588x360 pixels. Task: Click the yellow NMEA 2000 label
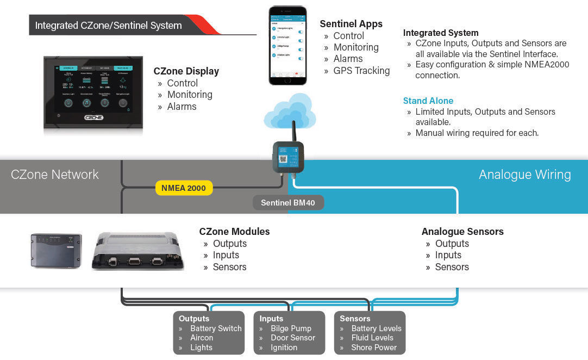click(184, 188)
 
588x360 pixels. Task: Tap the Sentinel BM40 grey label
click(288, 203)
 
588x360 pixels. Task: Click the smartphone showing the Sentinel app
click(287, 45)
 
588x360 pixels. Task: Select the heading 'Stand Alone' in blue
click(428, 101)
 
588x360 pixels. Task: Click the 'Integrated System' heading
click(441, 33)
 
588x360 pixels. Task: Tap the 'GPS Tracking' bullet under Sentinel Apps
click(361, 71)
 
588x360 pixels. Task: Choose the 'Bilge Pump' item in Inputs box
click(291, 328)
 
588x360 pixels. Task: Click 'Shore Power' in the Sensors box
click(374, 347)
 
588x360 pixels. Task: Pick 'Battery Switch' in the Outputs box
click(216, 328)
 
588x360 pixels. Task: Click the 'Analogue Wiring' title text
click(524, 175)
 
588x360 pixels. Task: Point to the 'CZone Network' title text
click(55, 175)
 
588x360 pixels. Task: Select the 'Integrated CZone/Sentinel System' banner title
click(109, 26)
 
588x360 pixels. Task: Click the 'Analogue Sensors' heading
click(462, 232)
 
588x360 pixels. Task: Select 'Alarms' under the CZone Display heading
click(182, 107)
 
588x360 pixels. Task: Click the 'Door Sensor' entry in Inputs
click(293, 338)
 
